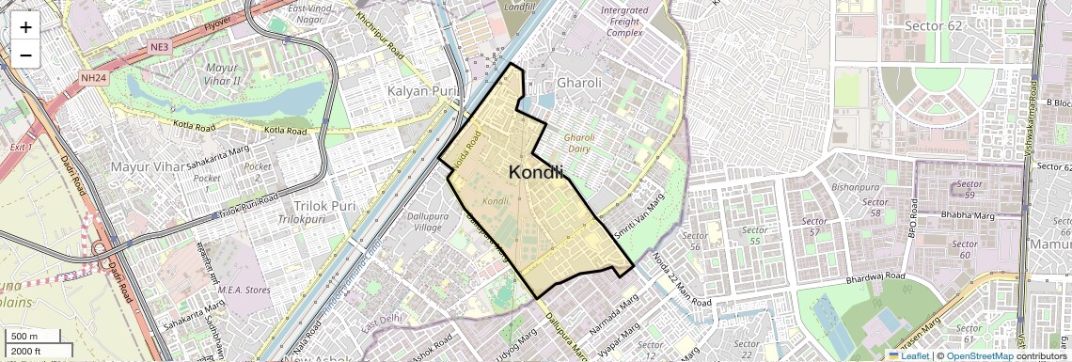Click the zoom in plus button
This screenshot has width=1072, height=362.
[25, 26]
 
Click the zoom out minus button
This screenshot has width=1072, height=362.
[25, 55]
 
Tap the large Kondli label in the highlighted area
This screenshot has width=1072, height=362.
[536, 172]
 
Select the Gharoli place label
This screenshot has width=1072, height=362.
[579, 83]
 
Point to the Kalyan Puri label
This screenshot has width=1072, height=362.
[421, 91]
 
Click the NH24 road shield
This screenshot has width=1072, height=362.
[92, 78]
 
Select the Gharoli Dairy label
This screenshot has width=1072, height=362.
[586, 143]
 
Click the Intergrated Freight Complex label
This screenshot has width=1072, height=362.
[624, 22]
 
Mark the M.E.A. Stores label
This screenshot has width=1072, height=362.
[244, 290]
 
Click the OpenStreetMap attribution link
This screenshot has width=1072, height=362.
[979, 355]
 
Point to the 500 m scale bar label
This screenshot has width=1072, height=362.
[25, 337]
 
